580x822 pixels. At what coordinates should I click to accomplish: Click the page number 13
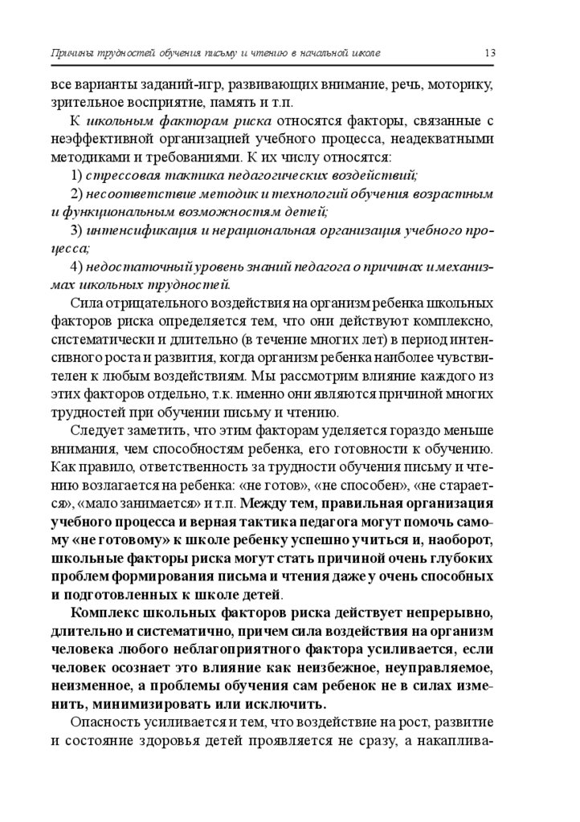point(489,53)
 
